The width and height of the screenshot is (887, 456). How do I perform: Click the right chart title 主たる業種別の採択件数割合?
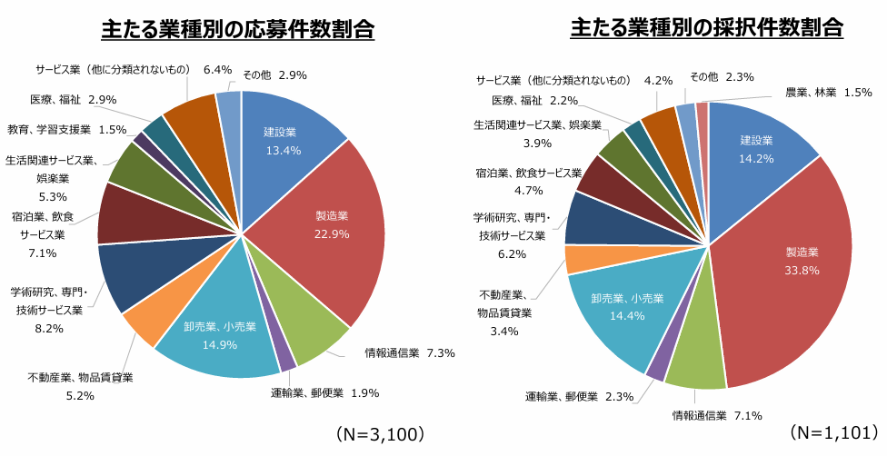(x=707, y=28)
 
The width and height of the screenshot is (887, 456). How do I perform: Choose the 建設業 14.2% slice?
(x=755, y=147)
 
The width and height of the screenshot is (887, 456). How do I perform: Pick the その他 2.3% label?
(x=722, y=77)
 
